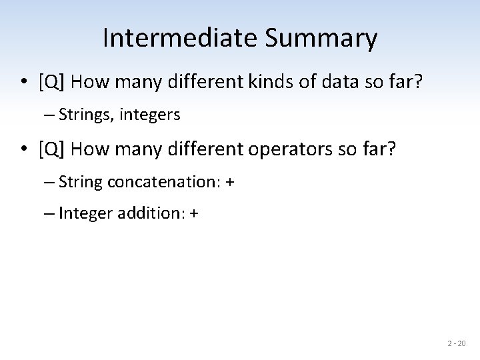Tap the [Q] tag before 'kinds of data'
point(52,83)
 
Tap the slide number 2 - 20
point(457,344)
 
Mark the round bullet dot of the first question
point(23,83)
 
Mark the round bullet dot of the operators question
point(23,149)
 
